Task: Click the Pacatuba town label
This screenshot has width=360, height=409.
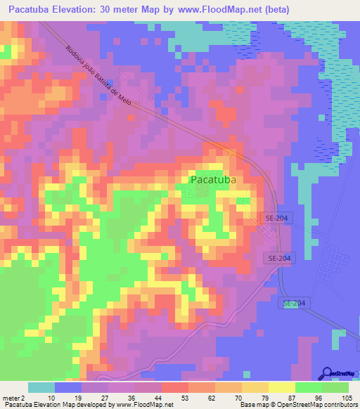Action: click(x=212, y=180)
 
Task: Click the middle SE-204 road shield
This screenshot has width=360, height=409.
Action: click(x=281, y=259)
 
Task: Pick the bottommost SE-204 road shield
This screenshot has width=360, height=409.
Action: click(x=294, y=303)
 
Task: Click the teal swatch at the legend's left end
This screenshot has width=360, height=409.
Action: click(x=41, y=387)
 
